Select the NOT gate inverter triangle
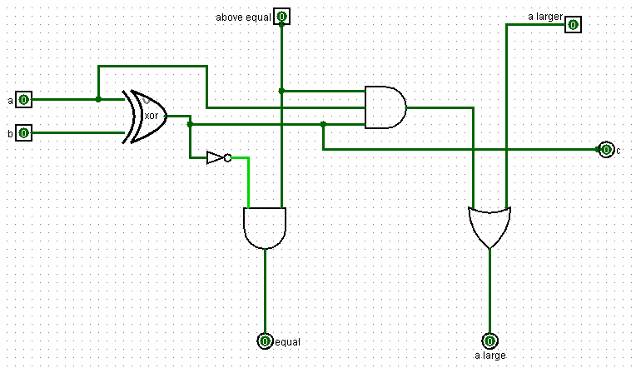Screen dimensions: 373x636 215,157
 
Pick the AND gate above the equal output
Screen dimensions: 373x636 265,227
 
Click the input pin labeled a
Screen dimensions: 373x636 24,100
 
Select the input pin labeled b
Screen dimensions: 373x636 24,132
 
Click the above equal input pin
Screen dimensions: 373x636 281,17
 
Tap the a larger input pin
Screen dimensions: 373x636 573,24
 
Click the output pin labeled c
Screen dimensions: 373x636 605,150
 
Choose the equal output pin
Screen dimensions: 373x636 265,341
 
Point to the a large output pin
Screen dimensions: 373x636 489,341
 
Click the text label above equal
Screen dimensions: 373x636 243,17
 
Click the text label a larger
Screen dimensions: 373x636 545,16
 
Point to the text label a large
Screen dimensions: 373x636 489,356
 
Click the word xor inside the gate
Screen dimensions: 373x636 152,116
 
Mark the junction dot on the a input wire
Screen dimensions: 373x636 98,99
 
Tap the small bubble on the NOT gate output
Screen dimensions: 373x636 227,157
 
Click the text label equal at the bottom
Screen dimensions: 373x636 287,342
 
